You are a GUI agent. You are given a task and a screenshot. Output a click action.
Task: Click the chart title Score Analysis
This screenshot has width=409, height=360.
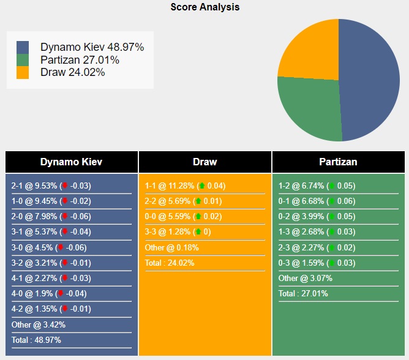(204, 7)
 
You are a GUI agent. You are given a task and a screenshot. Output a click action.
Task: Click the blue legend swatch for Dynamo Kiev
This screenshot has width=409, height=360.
(23, 47)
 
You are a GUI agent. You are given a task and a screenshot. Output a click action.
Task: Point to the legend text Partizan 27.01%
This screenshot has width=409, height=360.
(80, 60)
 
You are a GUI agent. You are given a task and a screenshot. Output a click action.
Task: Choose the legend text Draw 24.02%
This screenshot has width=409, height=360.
(72, 72)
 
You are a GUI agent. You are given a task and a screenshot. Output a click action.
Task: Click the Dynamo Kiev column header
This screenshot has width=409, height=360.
(71, 162)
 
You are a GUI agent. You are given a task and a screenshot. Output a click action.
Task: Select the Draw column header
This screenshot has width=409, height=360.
(204, 162)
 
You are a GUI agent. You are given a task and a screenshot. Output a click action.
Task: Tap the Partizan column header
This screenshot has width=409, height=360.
(338, 162)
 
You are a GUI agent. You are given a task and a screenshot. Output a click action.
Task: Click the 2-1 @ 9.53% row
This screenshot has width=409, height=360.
(51, 186)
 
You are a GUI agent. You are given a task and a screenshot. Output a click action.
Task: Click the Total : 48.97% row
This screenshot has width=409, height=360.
(36, 340)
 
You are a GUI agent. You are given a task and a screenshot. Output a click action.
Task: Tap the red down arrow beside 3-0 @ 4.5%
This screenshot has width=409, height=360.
(61, 247)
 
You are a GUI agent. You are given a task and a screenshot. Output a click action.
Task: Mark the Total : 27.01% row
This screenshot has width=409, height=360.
(303, 293)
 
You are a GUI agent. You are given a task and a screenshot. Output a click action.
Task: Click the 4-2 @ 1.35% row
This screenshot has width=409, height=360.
(51, 309)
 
